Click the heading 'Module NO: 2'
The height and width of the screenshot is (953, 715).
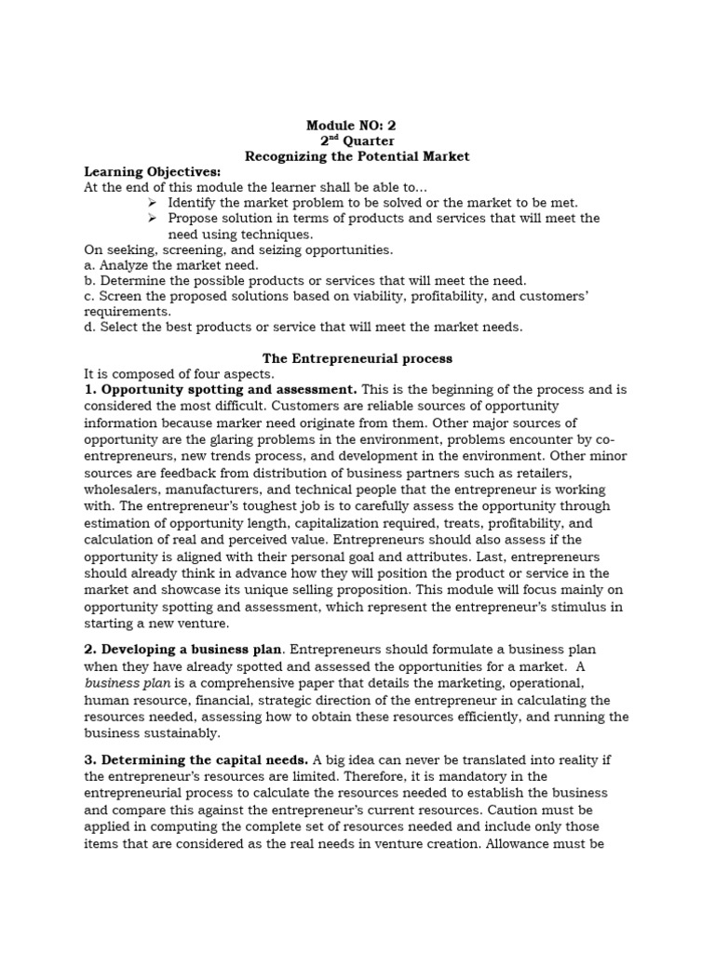[x=357, y=125]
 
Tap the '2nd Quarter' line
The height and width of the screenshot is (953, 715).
[x=357, y=141]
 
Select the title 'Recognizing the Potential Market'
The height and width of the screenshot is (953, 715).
[x=357, y=156]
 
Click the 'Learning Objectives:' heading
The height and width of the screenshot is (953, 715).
[x=153, y=172]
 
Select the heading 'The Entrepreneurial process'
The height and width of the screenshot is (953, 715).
[x=357, y=357]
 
